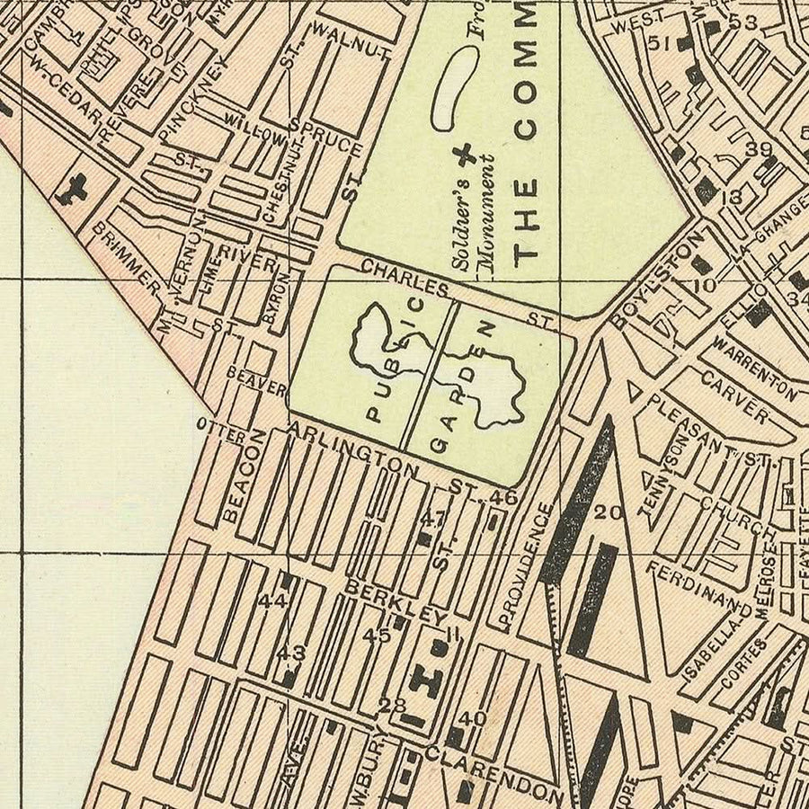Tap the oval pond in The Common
coord(456,88)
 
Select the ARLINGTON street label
coord(353,451)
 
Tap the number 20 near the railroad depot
coord(609,512)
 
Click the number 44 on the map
coord(271,601)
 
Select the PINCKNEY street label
coord(189,99)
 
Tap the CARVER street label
coord(734,401)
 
